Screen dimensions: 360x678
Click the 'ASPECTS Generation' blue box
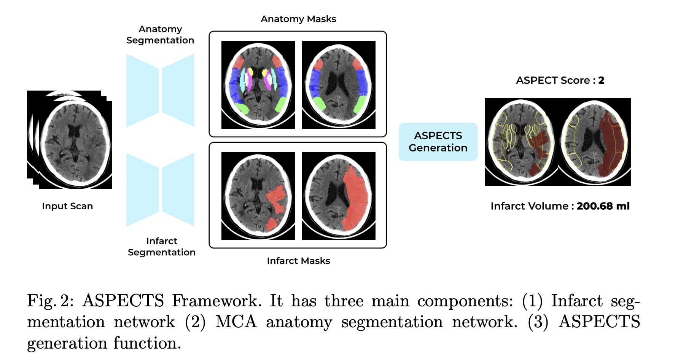pyautogui.click(x=438, y=142)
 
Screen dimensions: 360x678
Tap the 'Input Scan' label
pyautogui.click(x=67, y=206)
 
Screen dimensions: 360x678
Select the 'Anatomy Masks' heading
pyautogui.click(x=298, y=19)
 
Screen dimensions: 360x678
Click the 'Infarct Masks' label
pyautogui.click(x=298, y=261)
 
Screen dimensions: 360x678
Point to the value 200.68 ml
pyautogui.click(x=603, y=206)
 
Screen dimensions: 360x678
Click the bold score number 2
pyautogui.click(x=601, y=80)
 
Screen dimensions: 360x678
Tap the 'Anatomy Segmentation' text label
pyautogui.click(x=160, y=35)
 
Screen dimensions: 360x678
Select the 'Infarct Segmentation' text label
pyautogui.click(x=162, y=247)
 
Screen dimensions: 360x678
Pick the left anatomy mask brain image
pyautogui.click(x=258, y=84)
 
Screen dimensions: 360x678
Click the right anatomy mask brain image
pyautogui.click(x=339, y=84)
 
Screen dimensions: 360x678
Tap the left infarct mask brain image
pyautogui.click(x=258, y=196)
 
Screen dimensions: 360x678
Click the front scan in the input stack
pyautogui.click(x=75, y=145)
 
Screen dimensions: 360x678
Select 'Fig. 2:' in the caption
pyautogui.click(x=50, y=301)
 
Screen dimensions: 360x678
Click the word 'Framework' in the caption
pyautogui.click(x=216, y=301)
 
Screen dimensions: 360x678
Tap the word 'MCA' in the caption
pyautogui.click(x=236, y=322)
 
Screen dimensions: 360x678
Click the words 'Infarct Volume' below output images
pyautogui.click(x=530, y=206)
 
